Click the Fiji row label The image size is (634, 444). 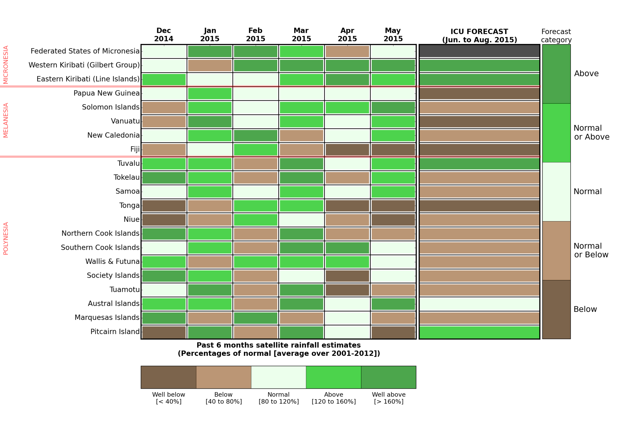[135, 149]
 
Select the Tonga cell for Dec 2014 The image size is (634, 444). [164, 206]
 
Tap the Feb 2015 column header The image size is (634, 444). [255, 34]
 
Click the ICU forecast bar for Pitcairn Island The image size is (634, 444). [479, 332]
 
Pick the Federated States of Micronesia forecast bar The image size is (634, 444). [479, 51]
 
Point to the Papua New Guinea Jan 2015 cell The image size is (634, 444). [210, 93]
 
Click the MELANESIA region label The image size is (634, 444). [6, 120]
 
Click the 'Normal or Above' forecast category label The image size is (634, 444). [591, 132]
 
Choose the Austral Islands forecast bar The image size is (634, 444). [479, 304]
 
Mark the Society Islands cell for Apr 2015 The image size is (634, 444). [347, 276]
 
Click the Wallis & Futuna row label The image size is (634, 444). [112, 262]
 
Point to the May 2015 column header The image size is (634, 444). [393, 34]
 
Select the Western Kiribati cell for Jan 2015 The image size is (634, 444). [210, 65]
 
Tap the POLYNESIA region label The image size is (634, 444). [6, 238]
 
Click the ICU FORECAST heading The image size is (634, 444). [479, 36]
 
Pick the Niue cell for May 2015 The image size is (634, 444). [393, 220]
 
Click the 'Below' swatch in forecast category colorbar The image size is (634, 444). [556, 309]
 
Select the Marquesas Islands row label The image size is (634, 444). [107, 317]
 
